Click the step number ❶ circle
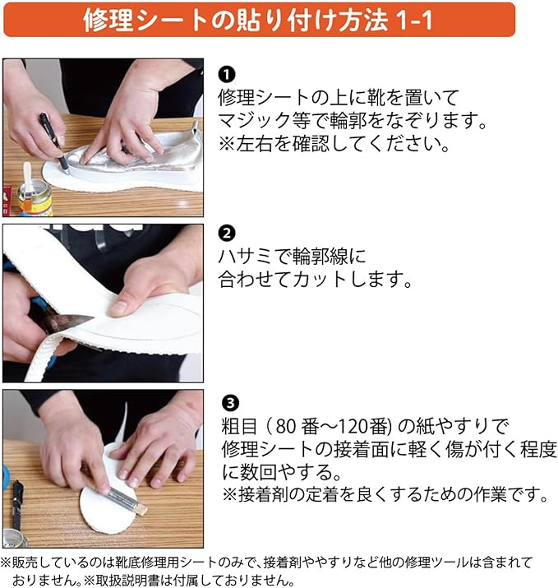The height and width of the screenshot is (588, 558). pyautogui.click(x=227, y=74)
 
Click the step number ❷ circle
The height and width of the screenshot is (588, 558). pyautogui.click(x=227, y=234)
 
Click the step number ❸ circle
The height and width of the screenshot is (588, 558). pyautogui.click(x=230, y=403)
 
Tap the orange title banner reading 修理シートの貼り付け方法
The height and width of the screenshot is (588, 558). pyautogui.click(x=260, y=20)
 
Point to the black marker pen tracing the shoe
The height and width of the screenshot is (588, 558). pyautogui.click(x=54, y=142)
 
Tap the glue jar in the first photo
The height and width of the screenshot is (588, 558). pyautogui.click(x=35, y=196)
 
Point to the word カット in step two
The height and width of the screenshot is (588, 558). pyautogui.click(x=321, y=280)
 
